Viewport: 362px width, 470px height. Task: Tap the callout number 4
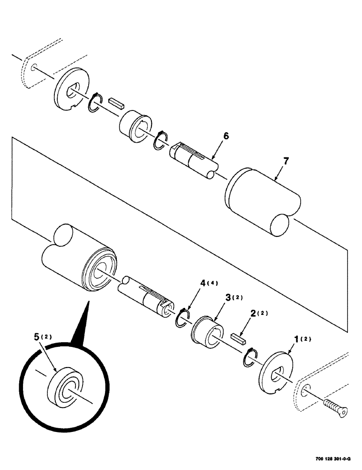tap(203, 283)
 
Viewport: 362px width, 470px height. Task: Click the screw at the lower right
tap(336, 407)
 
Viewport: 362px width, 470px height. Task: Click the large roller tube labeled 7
tap(263, 200)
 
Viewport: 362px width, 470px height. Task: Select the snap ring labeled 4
tap(182, 317)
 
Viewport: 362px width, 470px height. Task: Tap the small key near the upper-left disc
tap(115, 103)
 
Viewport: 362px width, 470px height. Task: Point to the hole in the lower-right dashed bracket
tap(306, 389)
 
